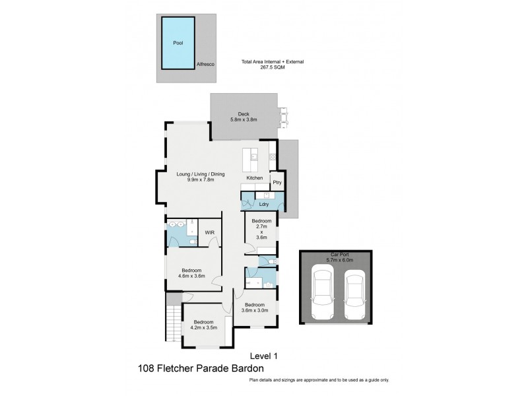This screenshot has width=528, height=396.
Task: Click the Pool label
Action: [x=177, y=42]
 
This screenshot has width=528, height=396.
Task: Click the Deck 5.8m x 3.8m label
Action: [x=244, y=117]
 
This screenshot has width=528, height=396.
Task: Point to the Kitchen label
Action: [x=255, y=178]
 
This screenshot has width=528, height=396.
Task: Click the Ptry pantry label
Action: [x=277, y=183]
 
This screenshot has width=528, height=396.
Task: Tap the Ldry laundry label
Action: [x=263, y=205]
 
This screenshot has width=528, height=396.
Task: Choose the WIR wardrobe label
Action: [x=209, y=232]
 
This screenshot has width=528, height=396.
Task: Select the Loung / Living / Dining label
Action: [x=201, y=174]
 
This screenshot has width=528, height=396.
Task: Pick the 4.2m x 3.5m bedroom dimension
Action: [x=204, y=327]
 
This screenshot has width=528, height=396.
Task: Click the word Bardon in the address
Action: [x=247, y=370]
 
